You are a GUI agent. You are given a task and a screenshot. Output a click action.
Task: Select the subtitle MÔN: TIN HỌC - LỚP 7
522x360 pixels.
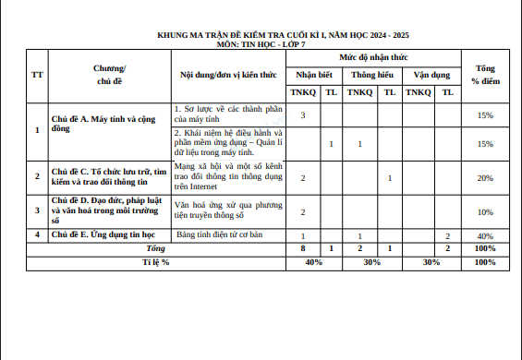[x=261, y=43]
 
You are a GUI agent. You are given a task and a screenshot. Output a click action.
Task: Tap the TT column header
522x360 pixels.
[x=36, y=74]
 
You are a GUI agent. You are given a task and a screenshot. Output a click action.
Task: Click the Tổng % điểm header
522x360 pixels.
[x=484, y=74]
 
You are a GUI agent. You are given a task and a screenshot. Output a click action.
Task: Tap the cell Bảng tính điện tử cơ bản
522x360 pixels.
[x=220, y=235]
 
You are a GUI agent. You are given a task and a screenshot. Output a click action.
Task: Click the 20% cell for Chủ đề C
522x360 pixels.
[x=484, y=177]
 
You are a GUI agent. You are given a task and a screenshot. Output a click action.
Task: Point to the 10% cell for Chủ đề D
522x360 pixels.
[x=484, y=212]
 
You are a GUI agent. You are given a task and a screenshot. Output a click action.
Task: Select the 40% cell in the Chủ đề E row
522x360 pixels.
[x=484, y=236]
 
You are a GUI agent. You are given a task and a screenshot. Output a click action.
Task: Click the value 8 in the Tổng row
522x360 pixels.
[x=303, y=249]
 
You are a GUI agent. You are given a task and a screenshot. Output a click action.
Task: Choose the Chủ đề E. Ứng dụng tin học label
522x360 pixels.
[x=102, y=235]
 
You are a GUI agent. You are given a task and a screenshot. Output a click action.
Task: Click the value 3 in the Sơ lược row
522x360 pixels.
[x=303, y=115]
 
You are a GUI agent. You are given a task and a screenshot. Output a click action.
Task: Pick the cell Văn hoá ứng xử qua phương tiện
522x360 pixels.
[x=228, y=209]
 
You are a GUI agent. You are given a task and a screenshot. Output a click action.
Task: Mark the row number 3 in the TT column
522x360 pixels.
[x=36, y=210]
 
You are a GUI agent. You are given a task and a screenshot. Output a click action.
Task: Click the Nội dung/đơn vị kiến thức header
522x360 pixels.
[x=228, y=74]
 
